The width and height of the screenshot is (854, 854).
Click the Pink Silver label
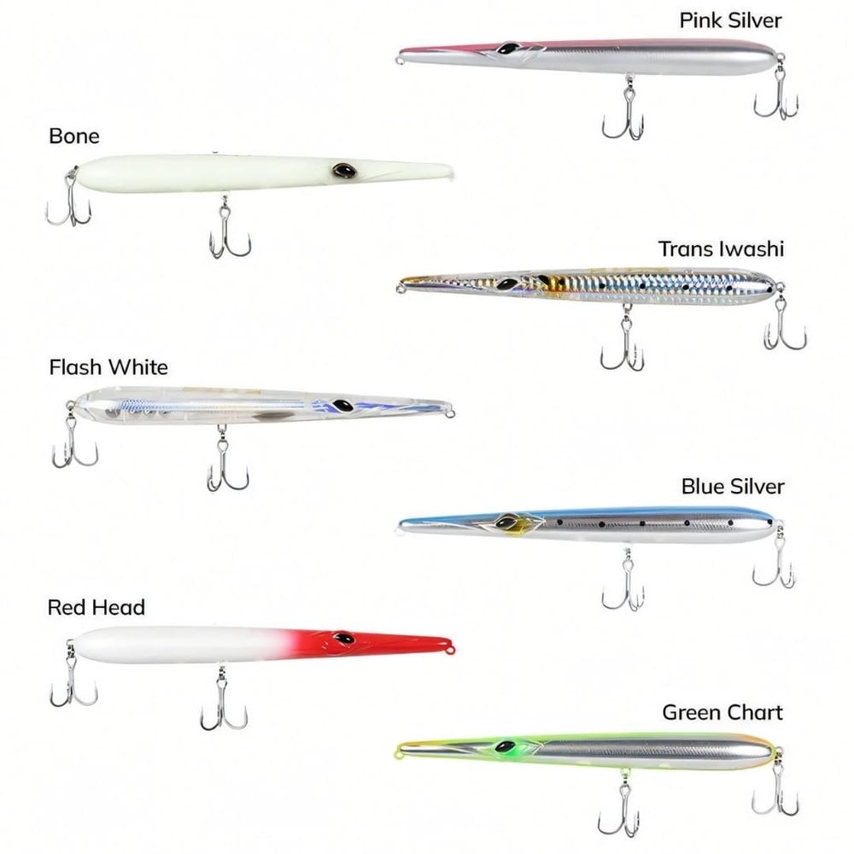point(730,20)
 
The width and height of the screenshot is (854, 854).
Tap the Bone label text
point(74,136)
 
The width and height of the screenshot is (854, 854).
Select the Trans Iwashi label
point(721,249)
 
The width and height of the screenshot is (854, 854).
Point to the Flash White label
point(108,367)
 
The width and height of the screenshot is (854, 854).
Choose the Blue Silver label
point(733,487)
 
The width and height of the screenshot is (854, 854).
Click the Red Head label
point(97,607)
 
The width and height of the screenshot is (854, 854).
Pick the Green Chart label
point(722,712)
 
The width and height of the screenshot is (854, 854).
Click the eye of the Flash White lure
point(343,406)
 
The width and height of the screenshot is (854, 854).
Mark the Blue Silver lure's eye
point(506,523)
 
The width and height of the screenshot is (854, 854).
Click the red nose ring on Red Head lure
point(450,649)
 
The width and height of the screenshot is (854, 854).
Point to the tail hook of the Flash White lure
point(73,438)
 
